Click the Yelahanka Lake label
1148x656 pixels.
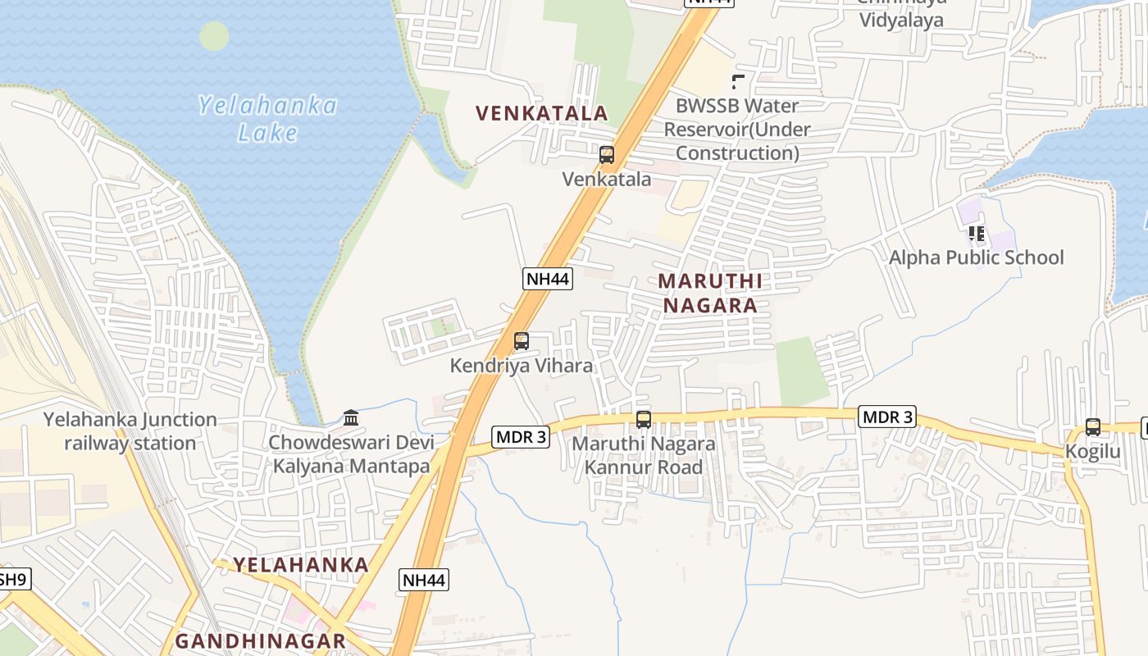pos(267,119)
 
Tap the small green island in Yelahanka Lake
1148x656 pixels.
pos(214,36)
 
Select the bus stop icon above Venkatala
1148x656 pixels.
pos(607,154)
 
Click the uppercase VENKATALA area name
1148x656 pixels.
pos(542,113)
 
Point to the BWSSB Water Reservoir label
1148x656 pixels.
pos(736,130)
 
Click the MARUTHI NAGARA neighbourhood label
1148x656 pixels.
pos(710,293)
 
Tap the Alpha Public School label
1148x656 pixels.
pos(976,257)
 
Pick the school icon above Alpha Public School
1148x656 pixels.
pos(976,234)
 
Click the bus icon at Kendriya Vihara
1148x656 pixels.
pos(521,341)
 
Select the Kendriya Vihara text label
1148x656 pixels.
pos(521,366)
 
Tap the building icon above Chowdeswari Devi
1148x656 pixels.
pos(351,418)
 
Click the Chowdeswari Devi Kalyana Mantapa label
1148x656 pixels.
pos(351,454)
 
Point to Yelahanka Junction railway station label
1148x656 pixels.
pos(130,431)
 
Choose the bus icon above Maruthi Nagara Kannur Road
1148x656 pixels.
pos(644,420)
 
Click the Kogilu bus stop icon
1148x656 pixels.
pos(1092,427)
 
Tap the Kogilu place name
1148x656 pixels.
pos(1092,452)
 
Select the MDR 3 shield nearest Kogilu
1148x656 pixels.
pos(887,417)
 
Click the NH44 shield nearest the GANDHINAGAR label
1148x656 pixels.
pos(425,581)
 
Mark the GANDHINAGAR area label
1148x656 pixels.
pos(260,641)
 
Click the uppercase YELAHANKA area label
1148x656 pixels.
pos(301,565)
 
